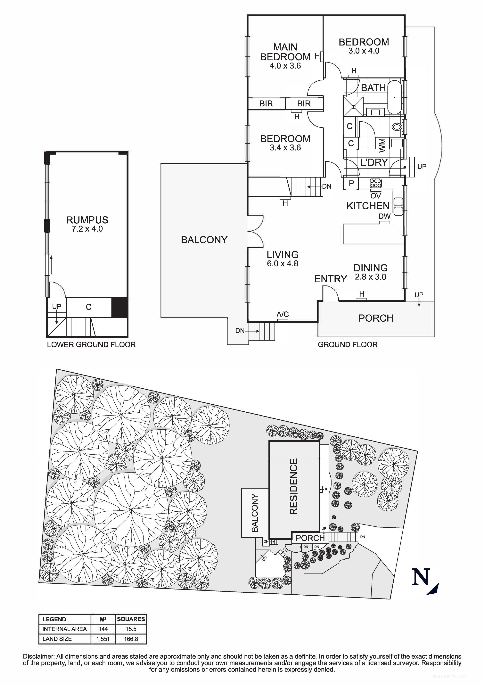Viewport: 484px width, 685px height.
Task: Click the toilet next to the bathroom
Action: point(397,127)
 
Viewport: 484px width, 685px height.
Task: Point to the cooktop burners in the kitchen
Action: point(376,183)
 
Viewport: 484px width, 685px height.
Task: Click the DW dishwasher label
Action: point(384,217)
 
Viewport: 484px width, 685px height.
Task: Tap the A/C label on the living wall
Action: point(282,314)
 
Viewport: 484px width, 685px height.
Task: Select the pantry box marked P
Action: point(351,183)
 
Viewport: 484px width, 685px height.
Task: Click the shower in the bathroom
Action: point(353,106)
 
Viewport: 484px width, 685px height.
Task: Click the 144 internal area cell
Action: point(103,629)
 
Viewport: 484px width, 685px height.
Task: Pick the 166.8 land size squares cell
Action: point(131,639)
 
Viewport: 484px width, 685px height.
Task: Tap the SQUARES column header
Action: point(131,619)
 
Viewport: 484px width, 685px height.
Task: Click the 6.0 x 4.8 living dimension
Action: point(282,263)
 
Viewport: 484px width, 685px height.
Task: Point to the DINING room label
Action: point(371,268)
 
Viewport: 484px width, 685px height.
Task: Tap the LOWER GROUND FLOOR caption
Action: point(91,345)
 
